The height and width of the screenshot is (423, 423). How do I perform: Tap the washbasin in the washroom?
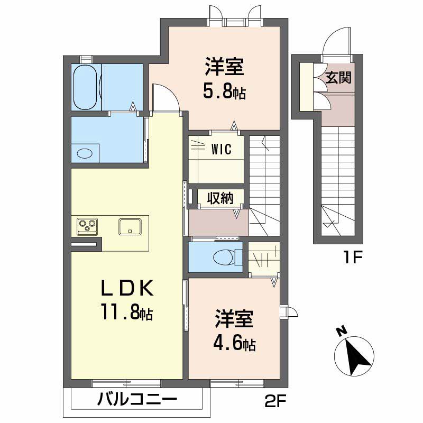click(x=85, y=153)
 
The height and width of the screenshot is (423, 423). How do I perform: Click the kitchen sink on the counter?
click(x=130, y=226)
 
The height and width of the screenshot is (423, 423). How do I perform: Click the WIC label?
click(x=221, y=149)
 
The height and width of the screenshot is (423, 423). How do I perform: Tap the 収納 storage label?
click(x=220, y=199)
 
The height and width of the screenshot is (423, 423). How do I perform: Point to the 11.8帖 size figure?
click(x=127, y=313)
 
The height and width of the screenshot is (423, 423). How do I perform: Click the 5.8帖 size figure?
click(x=224, y=92)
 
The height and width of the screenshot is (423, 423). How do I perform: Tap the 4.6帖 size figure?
click(x=234, y=344)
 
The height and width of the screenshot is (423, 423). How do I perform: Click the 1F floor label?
click(x=352, y=259)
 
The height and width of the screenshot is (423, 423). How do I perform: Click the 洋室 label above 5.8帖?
click(x=224, y=68)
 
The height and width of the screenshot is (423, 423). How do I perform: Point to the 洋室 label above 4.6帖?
click(x=234, y=320)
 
